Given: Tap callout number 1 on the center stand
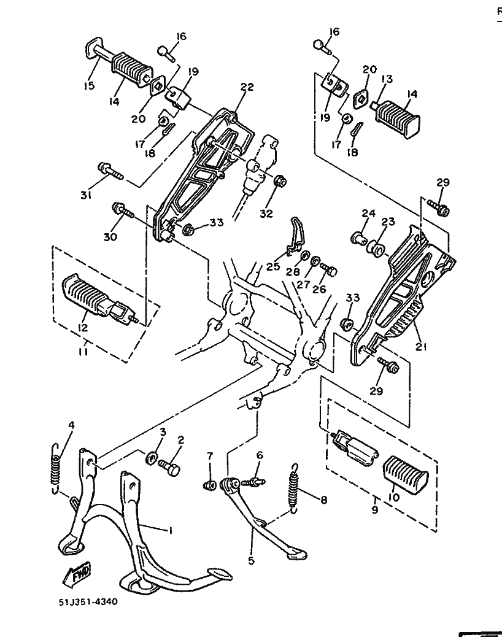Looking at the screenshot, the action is [x=171, y=530].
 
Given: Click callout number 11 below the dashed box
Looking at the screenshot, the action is [x=85, y=350].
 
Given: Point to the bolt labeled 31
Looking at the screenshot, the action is [x=110, y=171].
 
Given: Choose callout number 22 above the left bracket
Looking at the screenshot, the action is [x=247, y=87].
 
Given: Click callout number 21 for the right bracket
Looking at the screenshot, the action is [x=421, y=347].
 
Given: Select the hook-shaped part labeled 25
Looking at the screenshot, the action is [x=295, y=237].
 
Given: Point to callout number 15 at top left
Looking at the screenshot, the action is [x=89, y=86].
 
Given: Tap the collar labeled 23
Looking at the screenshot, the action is [x=376, y=249].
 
